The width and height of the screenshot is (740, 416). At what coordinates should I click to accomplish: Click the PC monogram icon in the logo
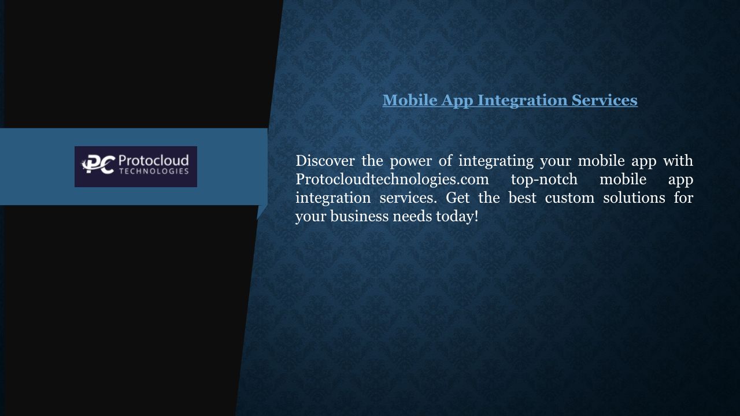(98, 165)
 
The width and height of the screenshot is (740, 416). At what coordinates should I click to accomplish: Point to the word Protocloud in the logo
(154, 161)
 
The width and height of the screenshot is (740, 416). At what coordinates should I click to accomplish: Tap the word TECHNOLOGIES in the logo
(154, 171)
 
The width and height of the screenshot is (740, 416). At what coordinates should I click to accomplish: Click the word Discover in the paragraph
(325, 161)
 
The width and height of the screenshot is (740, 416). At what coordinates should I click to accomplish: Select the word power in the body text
(410, 162)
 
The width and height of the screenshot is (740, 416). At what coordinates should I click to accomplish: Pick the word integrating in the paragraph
(496, 162)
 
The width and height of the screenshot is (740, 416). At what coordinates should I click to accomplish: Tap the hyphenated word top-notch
(544, 180)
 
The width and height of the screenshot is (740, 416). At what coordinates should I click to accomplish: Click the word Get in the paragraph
(457, 198)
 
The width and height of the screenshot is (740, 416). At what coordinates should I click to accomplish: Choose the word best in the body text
(522, 198)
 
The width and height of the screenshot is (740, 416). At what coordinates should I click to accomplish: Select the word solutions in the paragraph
(634, 198)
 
